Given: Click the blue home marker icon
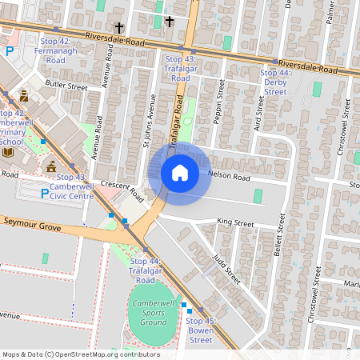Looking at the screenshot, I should click(x=180, y=173).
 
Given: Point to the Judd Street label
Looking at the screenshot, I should click(x=227, y=270).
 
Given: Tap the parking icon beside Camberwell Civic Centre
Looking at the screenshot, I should click(x=44, y=191).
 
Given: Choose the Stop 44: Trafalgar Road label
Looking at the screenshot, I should click(x=146, y=271).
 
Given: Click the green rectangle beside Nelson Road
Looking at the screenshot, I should click(x=258, y=196).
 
